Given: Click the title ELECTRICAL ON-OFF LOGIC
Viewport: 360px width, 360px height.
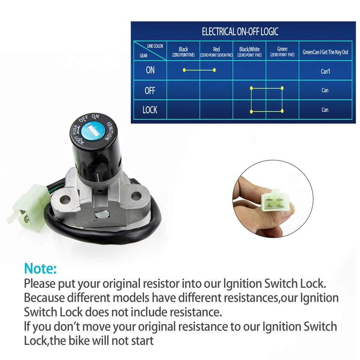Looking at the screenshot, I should click(240, 32).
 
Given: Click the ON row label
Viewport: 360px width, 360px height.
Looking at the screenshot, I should click(150, 70).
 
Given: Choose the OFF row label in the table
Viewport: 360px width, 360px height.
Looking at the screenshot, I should click(150, 90).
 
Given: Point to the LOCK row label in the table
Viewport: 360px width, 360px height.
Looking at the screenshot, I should click(150, 110).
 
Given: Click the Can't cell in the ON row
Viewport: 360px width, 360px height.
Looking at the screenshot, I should click(325, 71).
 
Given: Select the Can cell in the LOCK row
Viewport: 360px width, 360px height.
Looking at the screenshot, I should click(325, 110).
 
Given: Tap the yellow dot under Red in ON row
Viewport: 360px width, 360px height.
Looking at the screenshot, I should click(214, 70).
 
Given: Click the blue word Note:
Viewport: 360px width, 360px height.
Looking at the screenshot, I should click(40, 269).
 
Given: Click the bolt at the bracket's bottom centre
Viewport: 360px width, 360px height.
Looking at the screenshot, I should click(101, 214).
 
